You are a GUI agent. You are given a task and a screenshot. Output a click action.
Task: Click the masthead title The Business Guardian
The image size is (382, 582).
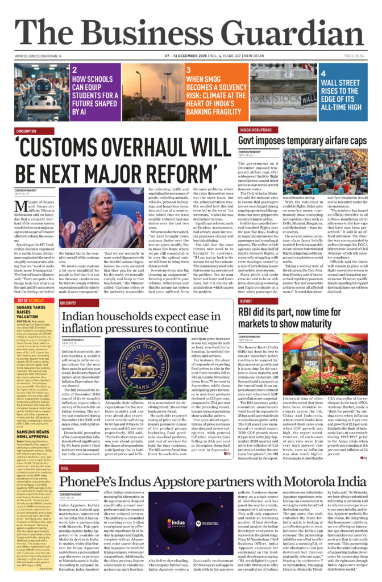(190, 28)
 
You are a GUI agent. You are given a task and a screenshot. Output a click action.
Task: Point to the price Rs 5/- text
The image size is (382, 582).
(354, 56)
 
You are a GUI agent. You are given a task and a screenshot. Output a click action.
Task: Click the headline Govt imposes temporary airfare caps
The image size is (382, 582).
(302, 140)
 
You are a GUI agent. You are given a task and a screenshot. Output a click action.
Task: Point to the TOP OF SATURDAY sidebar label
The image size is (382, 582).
(31, 300)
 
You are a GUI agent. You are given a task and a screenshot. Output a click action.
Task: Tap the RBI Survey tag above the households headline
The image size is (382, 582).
(72, 304)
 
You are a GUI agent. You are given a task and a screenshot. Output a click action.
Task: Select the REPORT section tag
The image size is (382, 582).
(246, 301)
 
